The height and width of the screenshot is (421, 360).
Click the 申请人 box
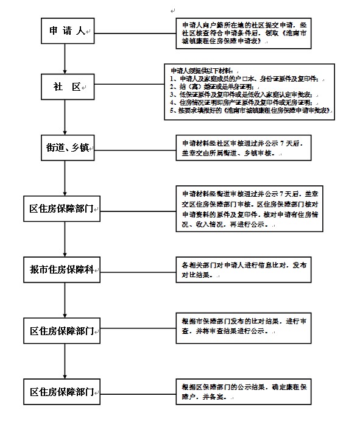click(x=66, y=31)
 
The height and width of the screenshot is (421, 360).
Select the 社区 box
click(x=66, y=88)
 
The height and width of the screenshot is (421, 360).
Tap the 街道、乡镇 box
click(x=66, y=148)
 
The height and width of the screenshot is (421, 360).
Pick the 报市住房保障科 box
click(x=66, y=270)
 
